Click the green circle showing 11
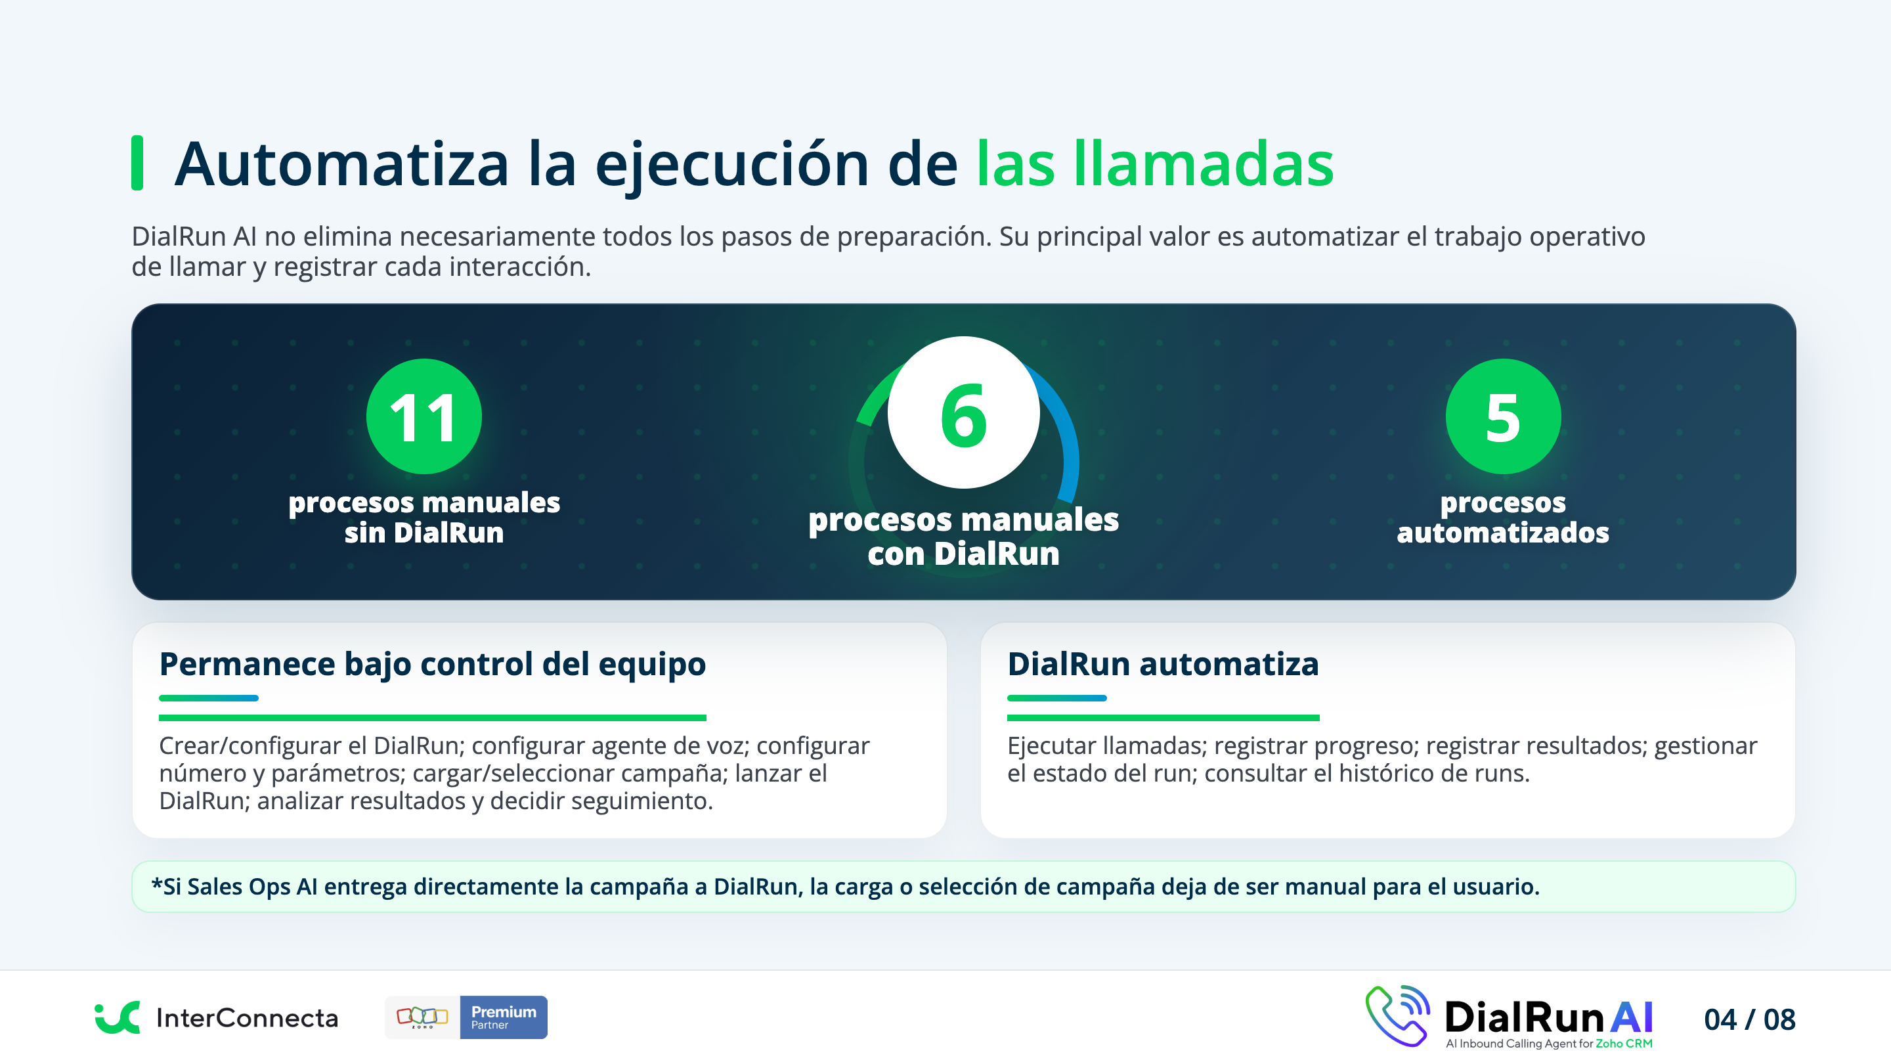pyautogui.click(x=424, y=416)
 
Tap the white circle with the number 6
pyautogui.click(x=963, y=412)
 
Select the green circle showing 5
pyautogui.click(x=1503, y=416)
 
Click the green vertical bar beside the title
pyautogui.click(x=137, y=163)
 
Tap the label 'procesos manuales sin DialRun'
pyautogui.click(x=424, y=517)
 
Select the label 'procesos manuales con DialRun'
pyautogui.click(x=963, y=536)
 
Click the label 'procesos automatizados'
pyautogui.click(x=1503, y=517)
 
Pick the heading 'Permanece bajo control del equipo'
pyautogui.click(x=433, y=664)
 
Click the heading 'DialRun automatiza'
pyautogui.click(x=1163, y=664)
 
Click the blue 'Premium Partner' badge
pyautogui.click(x=504, y=1017)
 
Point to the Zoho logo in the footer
pyautogui.click(x=422, y=1017)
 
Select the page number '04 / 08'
pyautogui.click(x=1749, y=1019)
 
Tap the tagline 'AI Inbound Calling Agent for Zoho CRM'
pyautogui.click(x=1549, y=1044)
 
